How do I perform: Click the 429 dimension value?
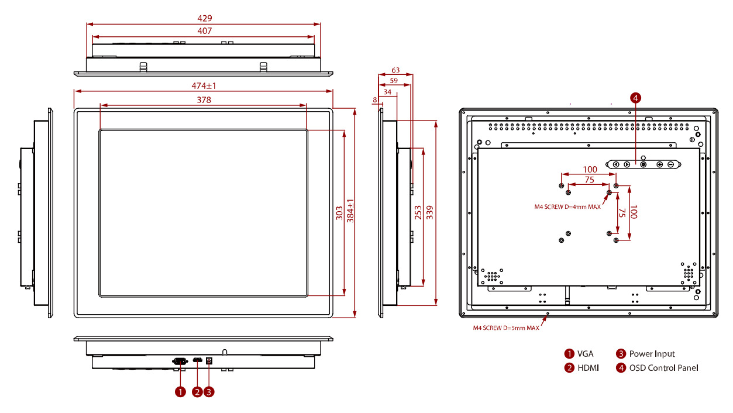tap(204, 19)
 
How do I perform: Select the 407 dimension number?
tap(204, 31)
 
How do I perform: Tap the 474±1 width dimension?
tap(204, 85)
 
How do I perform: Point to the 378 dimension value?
tap(204, 100)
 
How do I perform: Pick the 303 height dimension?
tap(339, 213)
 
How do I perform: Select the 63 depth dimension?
tap(395, 70)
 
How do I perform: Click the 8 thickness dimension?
tap(374, 100)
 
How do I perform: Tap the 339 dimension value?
tap(431, 213)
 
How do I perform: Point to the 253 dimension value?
tap(418, 213)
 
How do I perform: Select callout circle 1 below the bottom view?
tap(180, 392)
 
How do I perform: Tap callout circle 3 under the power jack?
tap(209, 392)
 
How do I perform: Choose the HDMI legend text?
tap(588, 368)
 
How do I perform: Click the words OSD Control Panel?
tap(663, 368)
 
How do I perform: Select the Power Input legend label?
tap(652, 354)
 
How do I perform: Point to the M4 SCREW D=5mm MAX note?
tap(506, 328)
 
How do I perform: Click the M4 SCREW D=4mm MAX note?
tap(567, 206)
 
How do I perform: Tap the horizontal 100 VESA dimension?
tap(590, 170)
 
